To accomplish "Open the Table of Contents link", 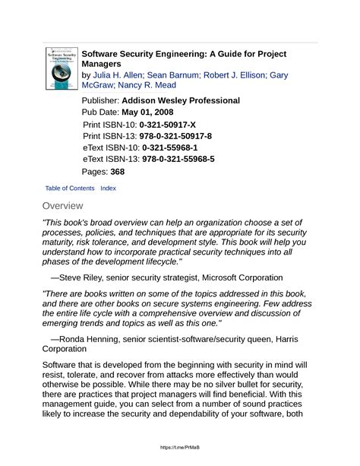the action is click(70, 188).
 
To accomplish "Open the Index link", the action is click(108, 188).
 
